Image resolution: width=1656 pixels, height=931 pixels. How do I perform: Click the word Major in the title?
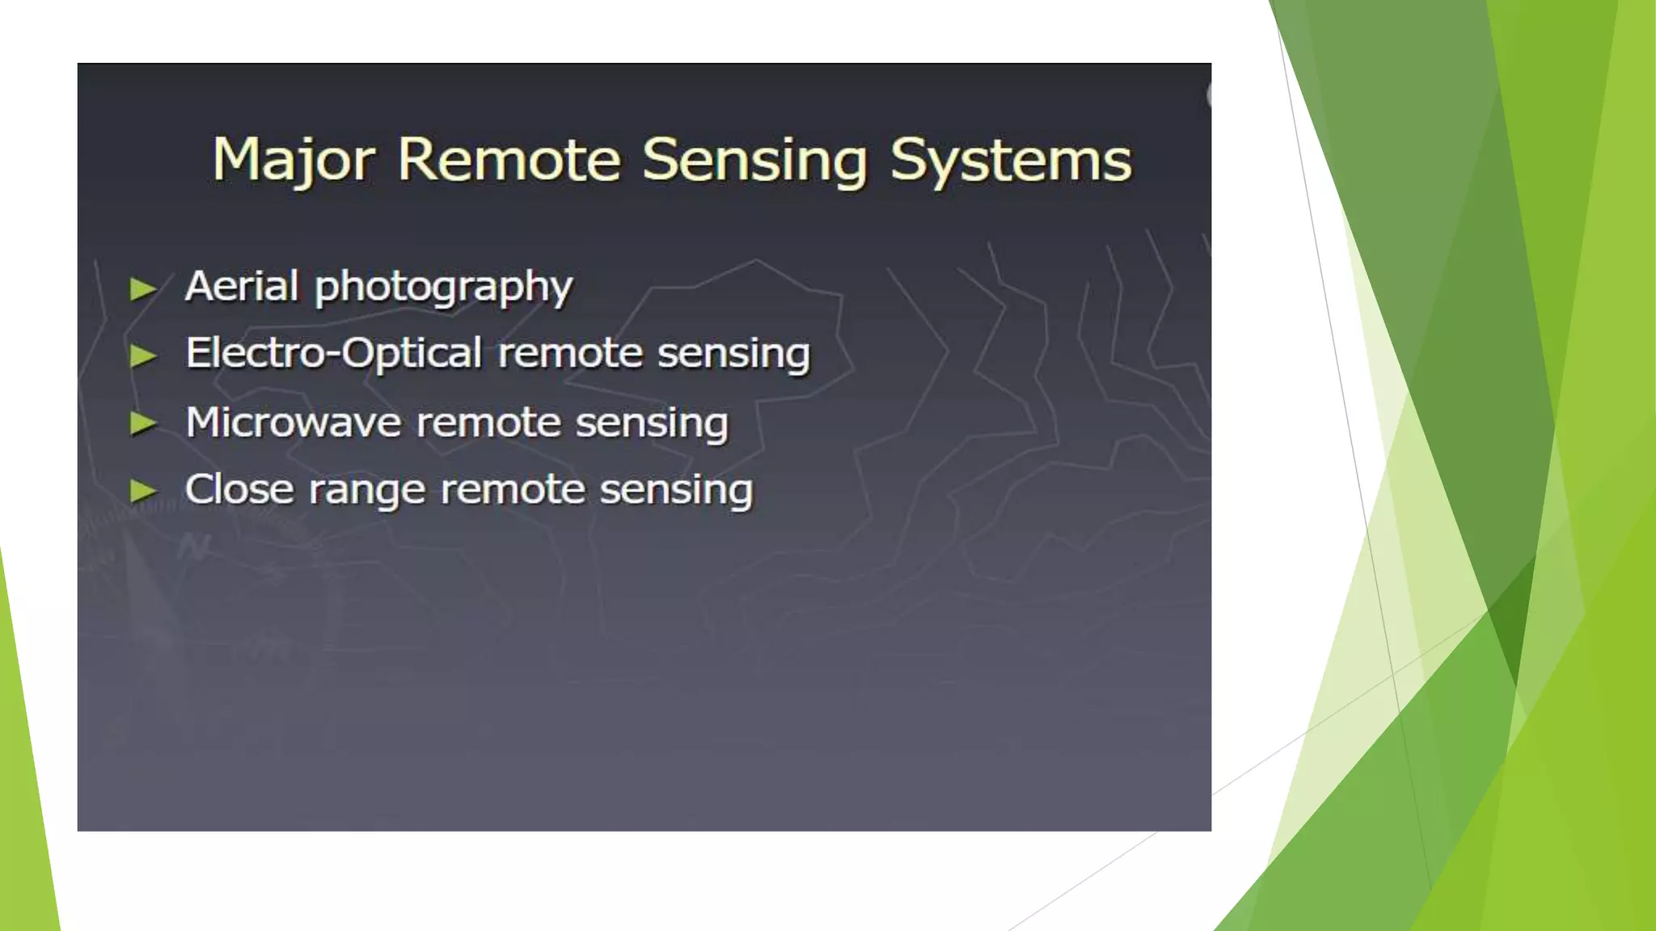(293, 161)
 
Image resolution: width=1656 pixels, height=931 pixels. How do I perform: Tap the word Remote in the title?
(509, 159)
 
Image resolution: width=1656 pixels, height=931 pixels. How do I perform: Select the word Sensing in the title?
(754, 161)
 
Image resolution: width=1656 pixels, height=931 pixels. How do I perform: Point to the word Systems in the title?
(1011, 161)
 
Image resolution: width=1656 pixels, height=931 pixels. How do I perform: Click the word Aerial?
(242, 286)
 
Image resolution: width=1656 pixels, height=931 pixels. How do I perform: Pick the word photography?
(443, 288)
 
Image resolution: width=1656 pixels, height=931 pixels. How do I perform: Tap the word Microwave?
(293, 423)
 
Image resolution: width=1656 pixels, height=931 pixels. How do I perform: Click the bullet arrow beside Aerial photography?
(143, 289)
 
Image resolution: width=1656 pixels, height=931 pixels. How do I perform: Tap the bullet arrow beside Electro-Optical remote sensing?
(143, 356)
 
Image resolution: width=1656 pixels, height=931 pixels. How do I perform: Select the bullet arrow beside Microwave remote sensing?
(143, 423)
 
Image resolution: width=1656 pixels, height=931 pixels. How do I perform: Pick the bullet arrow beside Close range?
(143, 490)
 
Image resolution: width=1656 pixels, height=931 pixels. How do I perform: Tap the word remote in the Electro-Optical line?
(570, 354)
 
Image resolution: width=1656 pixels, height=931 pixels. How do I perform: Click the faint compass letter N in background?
(195, 549)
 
